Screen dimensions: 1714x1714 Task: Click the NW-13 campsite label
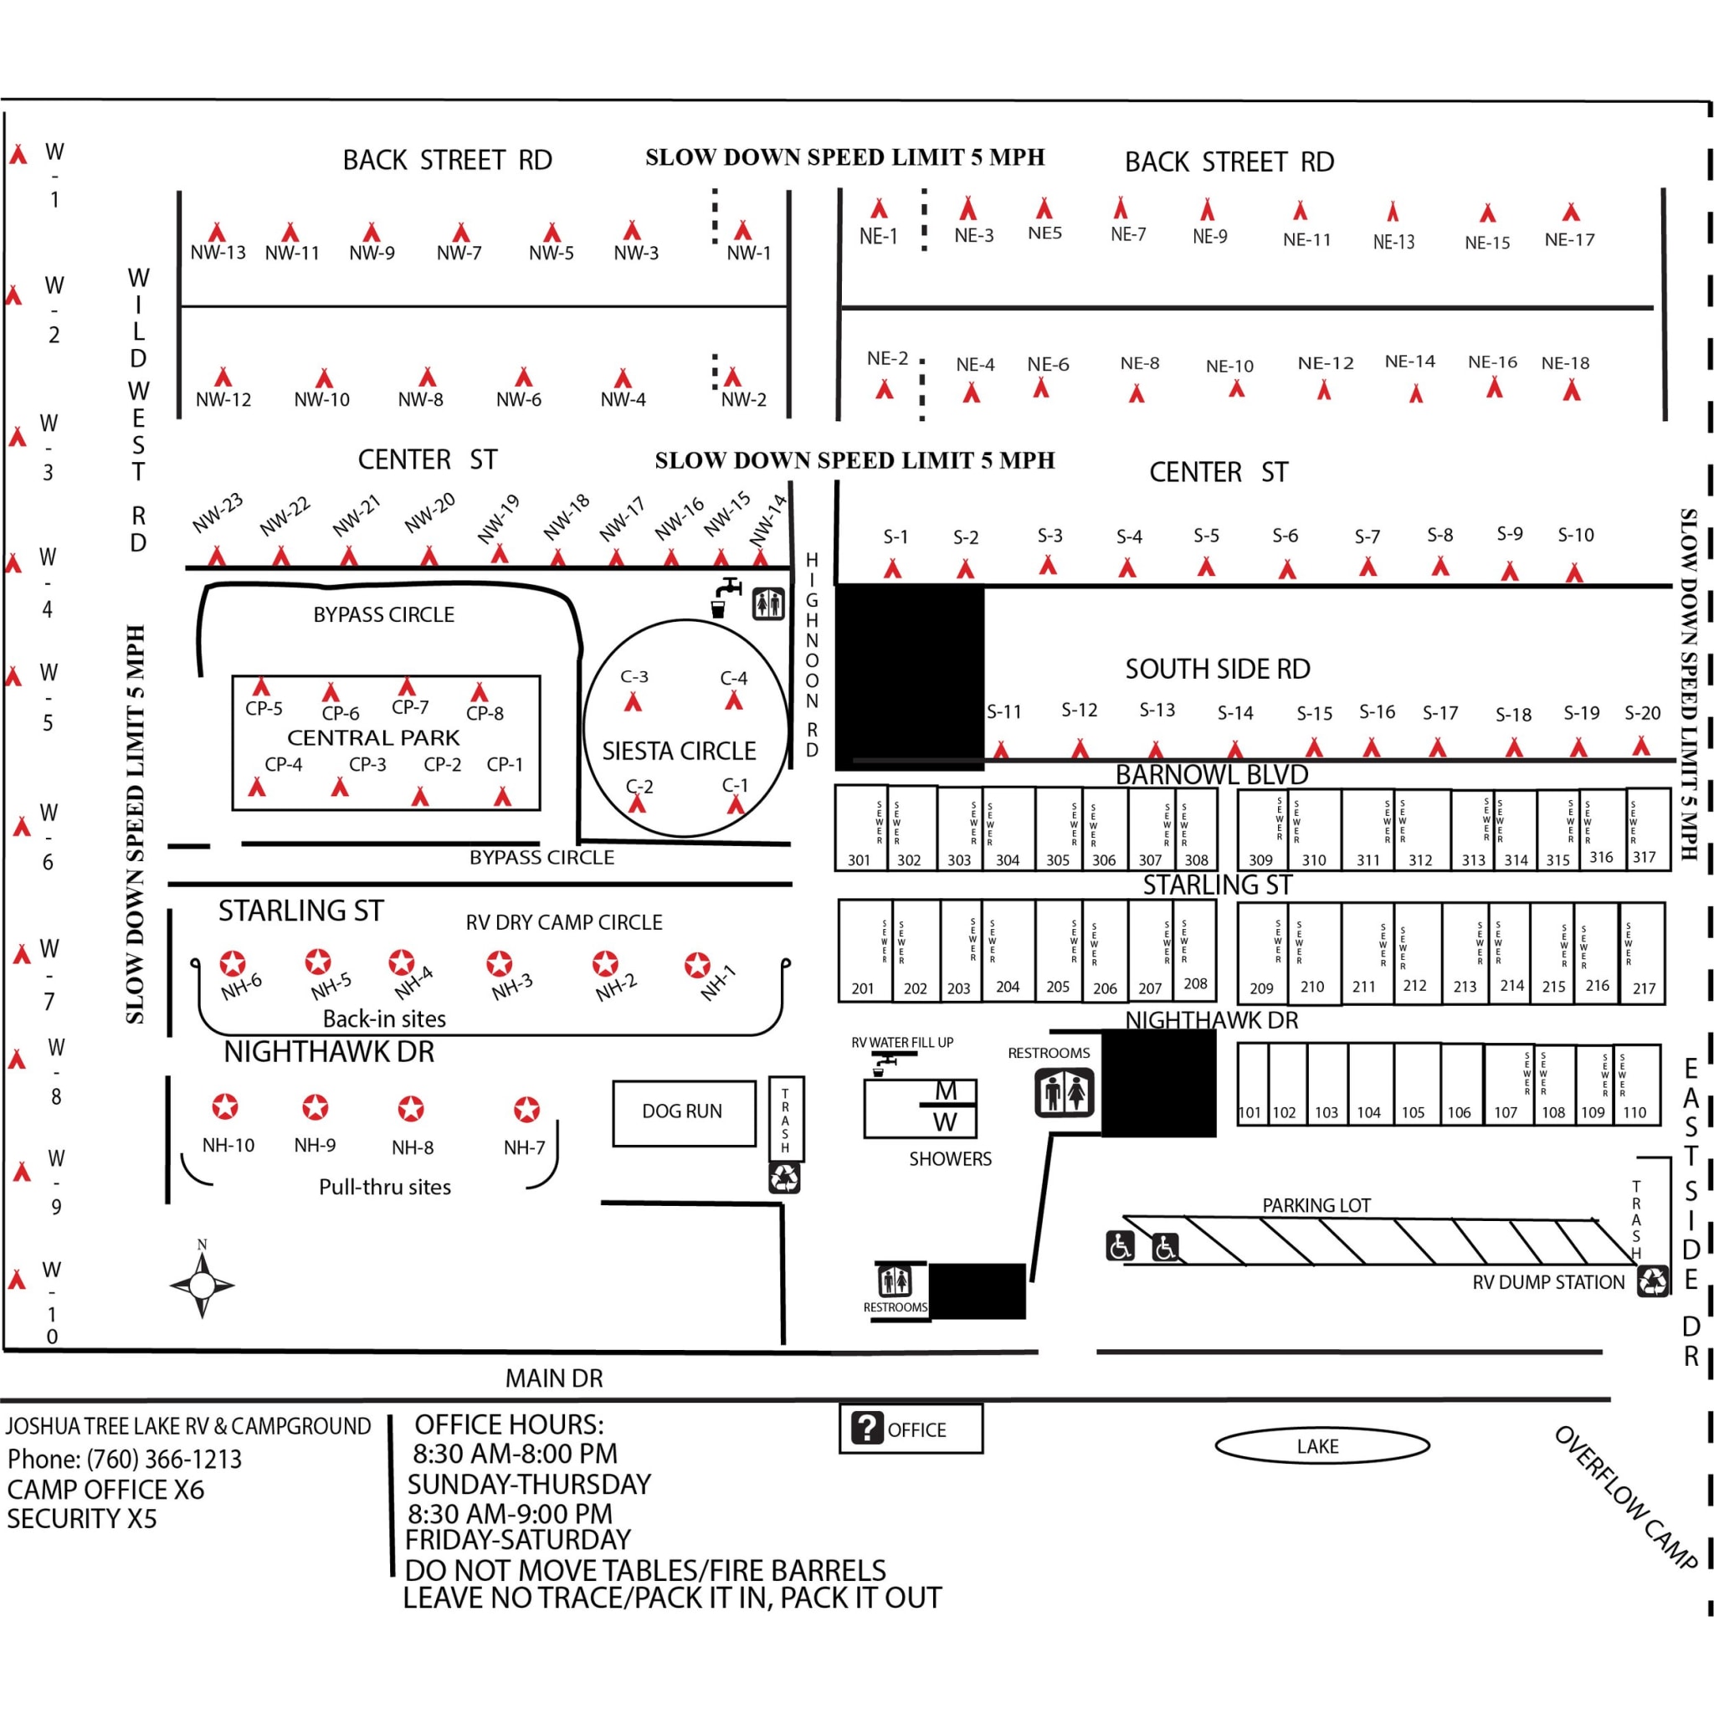[x=218, y=253]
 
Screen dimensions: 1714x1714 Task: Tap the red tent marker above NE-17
[x=1571, y=212]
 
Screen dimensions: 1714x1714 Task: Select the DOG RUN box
[x=683, y=1111]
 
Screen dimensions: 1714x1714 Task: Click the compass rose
[x=203, y=1284]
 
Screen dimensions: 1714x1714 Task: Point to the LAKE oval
[x=1321, y=1445]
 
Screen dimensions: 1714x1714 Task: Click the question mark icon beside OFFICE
[x=866, y=1429]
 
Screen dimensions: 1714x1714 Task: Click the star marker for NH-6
[x=233, y=963]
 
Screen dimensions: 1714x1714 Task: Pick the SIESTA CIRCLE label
[x=679, y=752]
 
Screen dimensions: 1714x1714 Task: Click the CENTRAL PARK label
[x=373, y=738]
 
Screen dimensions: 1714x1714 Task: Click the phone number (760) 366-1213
[x=163, y=1459]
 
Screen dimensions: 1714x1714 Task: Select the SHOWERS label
[x=950, y=1158]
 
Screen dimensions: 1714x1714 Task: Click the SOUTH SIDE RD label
[x=1217, y=669]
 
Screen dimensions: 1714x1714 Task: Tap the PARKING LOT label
[x=1316, y=1205]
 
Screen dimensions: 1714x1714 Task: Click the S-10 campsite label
[x=1576, y=535]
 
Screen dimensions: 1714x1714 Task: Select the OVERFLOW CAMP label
[x=1625, y=1497]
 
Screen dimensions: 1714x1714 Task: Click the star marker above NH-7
[x=527, y=1109]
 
